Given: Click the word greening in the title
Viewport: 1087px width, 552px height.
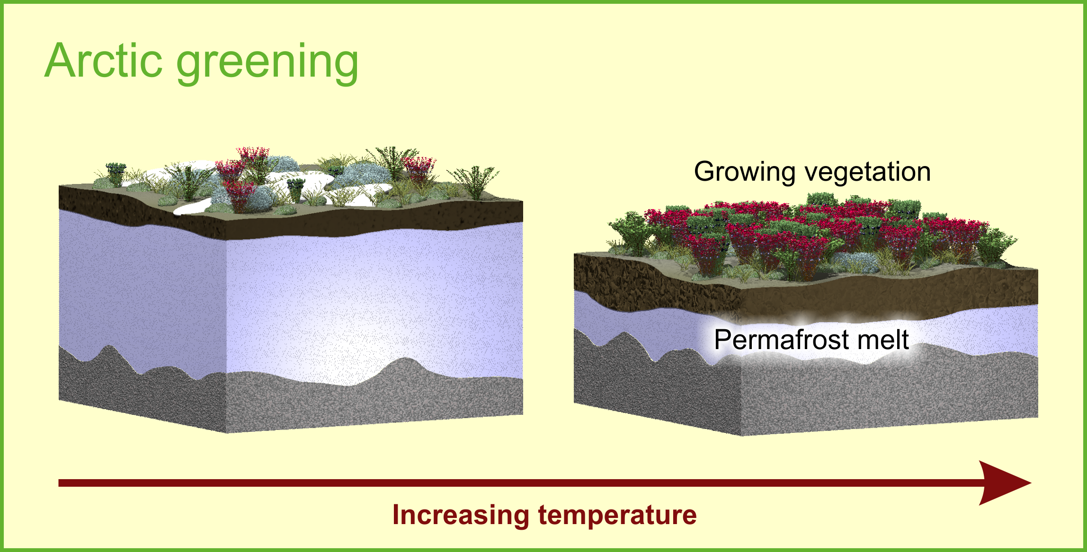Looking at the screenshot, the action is coord(267,64).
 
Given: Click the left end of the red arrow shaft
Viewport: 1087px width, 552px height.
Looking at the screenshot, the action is coord(59,483).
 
